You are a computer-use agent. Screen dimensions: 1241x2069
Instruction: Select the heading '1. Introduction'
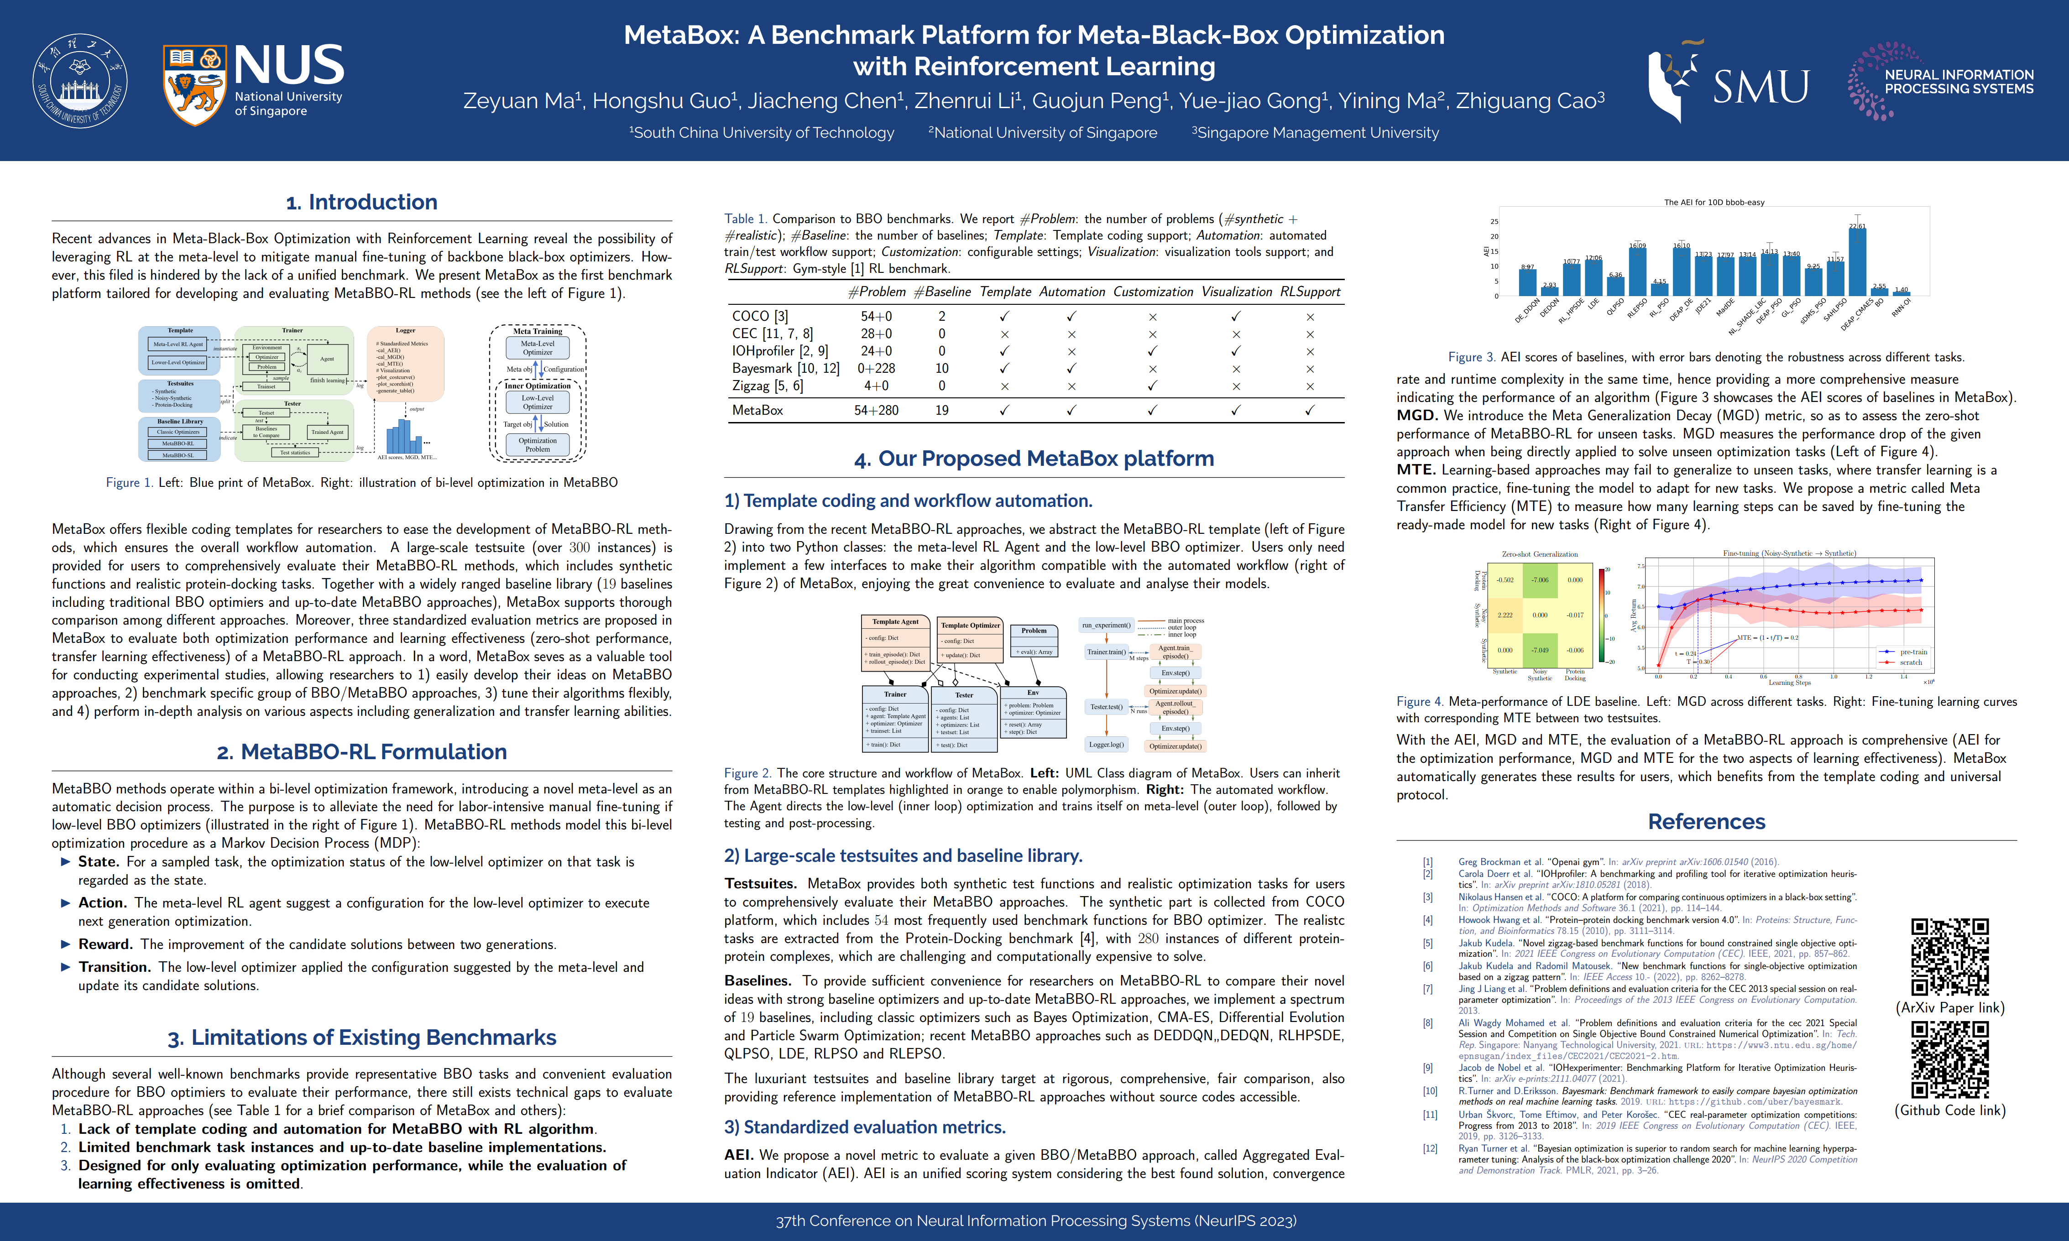[361, 203]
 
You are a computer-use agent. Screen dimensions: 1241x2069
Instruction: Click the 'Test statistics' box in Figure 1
[294, 453]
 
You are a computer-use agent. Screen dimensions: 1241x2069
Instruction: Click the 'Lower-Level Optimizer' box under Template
[178, 363]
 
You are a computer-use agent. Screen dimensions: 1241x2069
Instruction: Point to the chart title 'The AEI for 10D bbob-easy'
[1714, 203]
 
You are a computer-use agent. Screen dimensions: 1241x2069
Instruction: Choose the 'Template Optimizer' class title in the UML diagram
[970, 626]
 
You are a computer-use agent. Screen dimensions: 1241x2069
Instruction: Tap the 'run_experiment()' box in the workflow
[1106, 626]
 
